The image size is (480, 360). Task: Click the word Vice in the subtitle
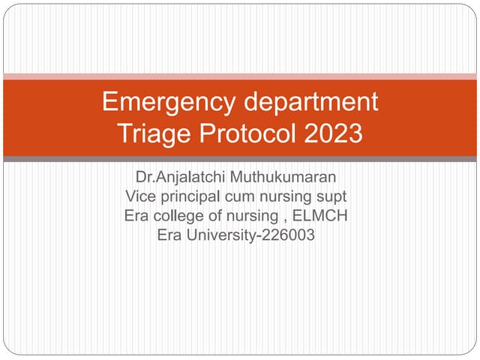(139, 196)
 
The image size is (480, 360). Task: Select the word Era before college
(137, 216)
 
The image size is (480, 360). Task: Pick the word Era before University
(170, 235)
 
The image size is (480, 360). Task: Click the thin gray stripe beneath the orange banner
(240, 159)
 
